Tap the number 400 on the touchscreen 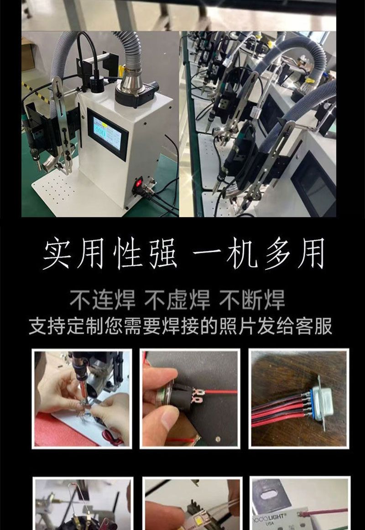100,131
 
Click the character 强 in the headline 163,253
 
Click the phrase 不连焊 102,300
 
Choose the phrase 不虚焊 177,300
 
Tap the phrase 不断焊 252,300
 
